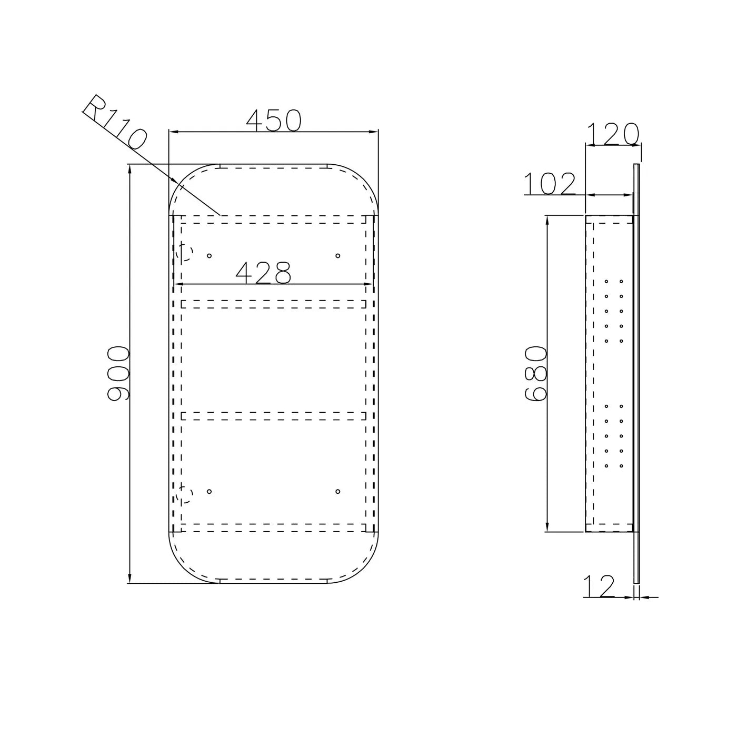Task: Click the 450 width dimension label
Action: tap(273, 121)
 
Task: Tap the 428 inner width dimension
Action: tap(264, 273)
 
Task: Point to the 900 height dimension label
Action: tap(118, 373)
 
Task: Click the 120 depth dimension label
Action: tap(613, 134)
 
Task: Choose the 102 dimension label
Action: tap(549, 184)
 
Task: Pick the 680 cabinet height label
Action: tap(536, 374)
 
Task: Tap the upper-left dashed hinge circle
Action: tap(184, 253)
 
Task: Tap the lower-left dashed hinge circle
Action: tap(184, 494)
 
